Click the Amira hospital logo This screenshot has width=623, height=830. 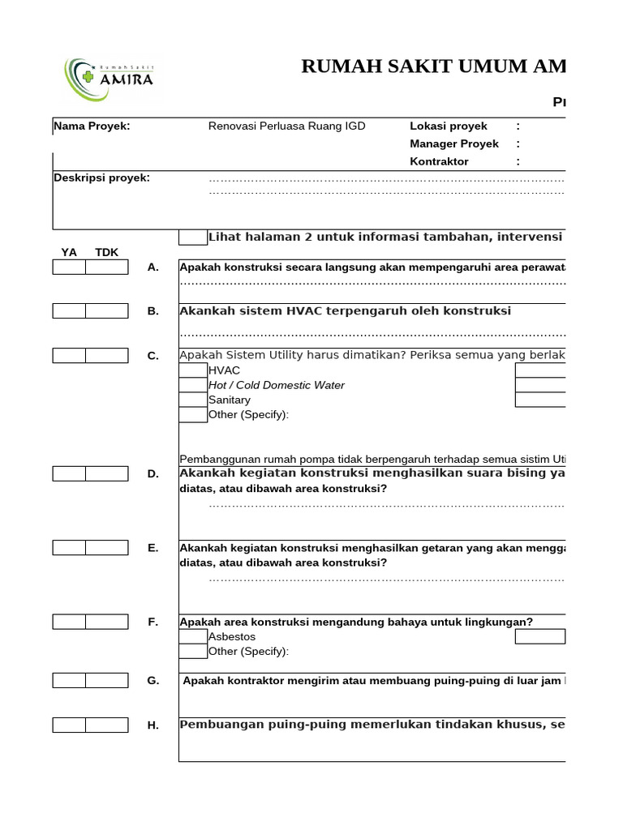[109, 78]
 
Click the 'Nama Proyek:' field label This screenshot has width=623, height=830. [92, 126]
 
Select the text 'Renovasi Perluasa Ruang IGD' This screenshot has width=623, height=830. [287, 126]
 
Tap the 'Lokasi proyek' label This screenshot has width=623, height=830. [449, 126]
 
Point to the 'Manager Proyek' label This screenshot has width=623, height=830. [454, 144]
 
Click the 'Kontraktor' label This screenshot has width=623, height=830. [439, 162]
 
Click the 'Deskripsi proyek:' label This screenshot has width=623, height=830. [101, 178]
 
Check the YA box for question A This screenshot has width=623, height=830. [69, 267]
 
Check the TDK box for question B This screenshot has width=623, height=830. [106, 311]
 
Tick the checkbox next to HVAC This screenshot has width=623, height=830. [193, 370]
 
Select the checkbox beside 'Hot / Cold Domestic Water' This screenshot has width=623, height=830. [193, 385]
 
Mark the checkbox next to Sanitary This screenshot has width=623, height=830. [193, 400]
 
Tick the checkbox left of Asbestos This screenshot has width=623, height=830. [193, 637]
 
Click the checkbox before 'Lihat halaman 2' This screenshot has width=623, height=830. [193, 237]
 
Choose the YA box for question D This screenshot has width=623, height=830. [69, 474]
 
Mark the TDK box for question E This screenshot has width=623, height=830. [106, 548]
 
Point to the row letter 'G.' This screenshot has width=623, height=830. [153, 681]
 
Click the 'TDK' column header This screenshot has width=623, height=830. [106, 252]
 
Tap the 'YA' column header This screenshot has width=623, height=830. [69, 252]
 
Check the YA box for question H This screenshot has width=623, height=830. [69, 725]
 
